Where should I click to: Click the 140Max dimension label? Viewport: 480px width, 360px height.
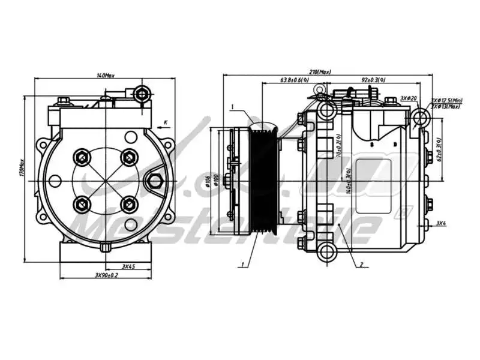tap(106, 76)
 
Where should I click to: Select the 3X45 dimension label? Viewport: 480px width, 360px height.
tap(127, 266)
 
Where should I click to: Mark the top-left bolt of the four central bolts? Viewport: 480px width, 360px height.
tap(82, 157)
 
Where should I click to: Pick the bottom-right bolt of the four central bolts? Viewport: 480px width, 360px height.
tap(128, 205)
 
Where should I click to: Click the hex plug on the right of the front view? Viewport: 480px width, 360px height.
tap(155, 181)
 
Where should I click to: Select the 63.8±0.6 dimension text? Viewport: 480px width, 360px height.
tap(295, 80)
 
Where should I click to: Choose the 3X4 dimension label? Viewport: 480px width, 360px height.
tap(441, 223)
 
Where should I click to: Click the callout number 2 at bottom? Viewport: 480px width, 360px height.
tap(362, 264)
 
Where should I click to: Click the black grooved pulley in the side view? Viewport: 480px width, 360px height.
tap(262, 180)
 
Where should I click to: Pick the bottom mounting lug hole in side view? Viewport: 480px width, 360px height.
tap(326, 250)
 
